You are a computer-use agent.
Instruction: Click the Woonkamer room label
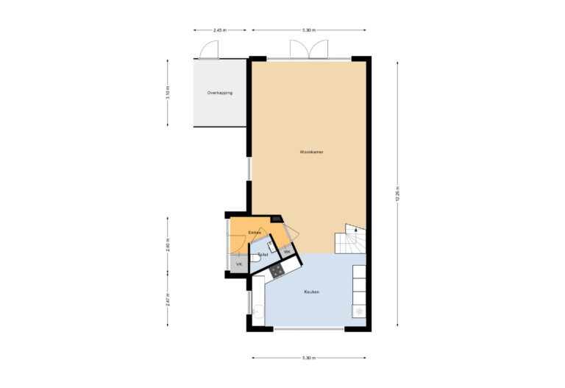pyautogui.click(x=312, y=152)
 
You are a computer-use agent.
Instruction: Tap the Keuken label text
pyautogui.click(x=312, y=292)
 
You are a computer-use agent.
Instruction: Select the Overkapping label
pyautogui.click(x=219, y=93)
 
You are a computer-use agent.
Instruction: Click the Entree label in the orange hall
pyautogui.click(x=255, y=233)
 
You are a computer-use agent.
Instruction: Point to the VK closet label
pyautogui.click(x=238, y=264)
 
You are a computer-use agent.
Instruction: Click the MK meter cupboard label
pyautogui.click(x=288, y=253)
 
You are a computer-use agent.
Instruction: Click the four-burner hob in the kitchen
pyautogui.click(x=277, y=270)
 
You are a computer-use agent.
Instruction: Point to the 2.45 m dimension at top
pyautogui.click(x=218, y=30)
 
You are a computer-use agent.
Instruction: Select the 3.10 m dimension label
pyautogui.click(x=168, y=93)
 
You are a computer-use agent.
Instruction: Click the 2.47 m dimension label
pyautogui.click(x=168, y=300)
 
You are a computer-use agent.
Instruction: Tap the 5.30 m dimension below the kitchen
pyautogui.click(x=308, y=358)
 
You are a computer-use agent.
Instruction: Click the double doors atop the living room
pyautogui.click(x=308, y=49)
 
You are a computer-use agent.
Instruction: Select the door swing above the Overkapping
pyautogui.click(x=209, y=49)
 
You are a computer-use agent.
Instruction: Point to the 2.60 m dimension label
pyautogui.click(x=168, y=245)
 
